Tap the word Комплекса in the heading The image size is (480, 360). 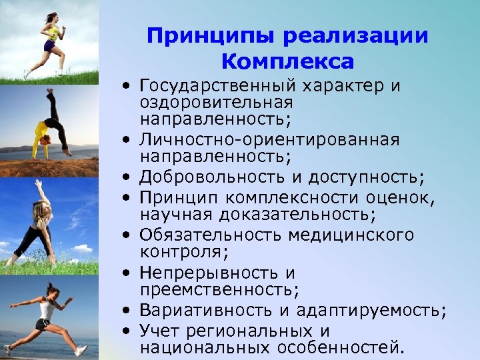click(287, 62)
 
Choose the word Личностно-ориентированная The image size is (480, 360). click(269, 140)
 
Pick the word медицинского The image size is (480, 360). click(351, 235)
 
